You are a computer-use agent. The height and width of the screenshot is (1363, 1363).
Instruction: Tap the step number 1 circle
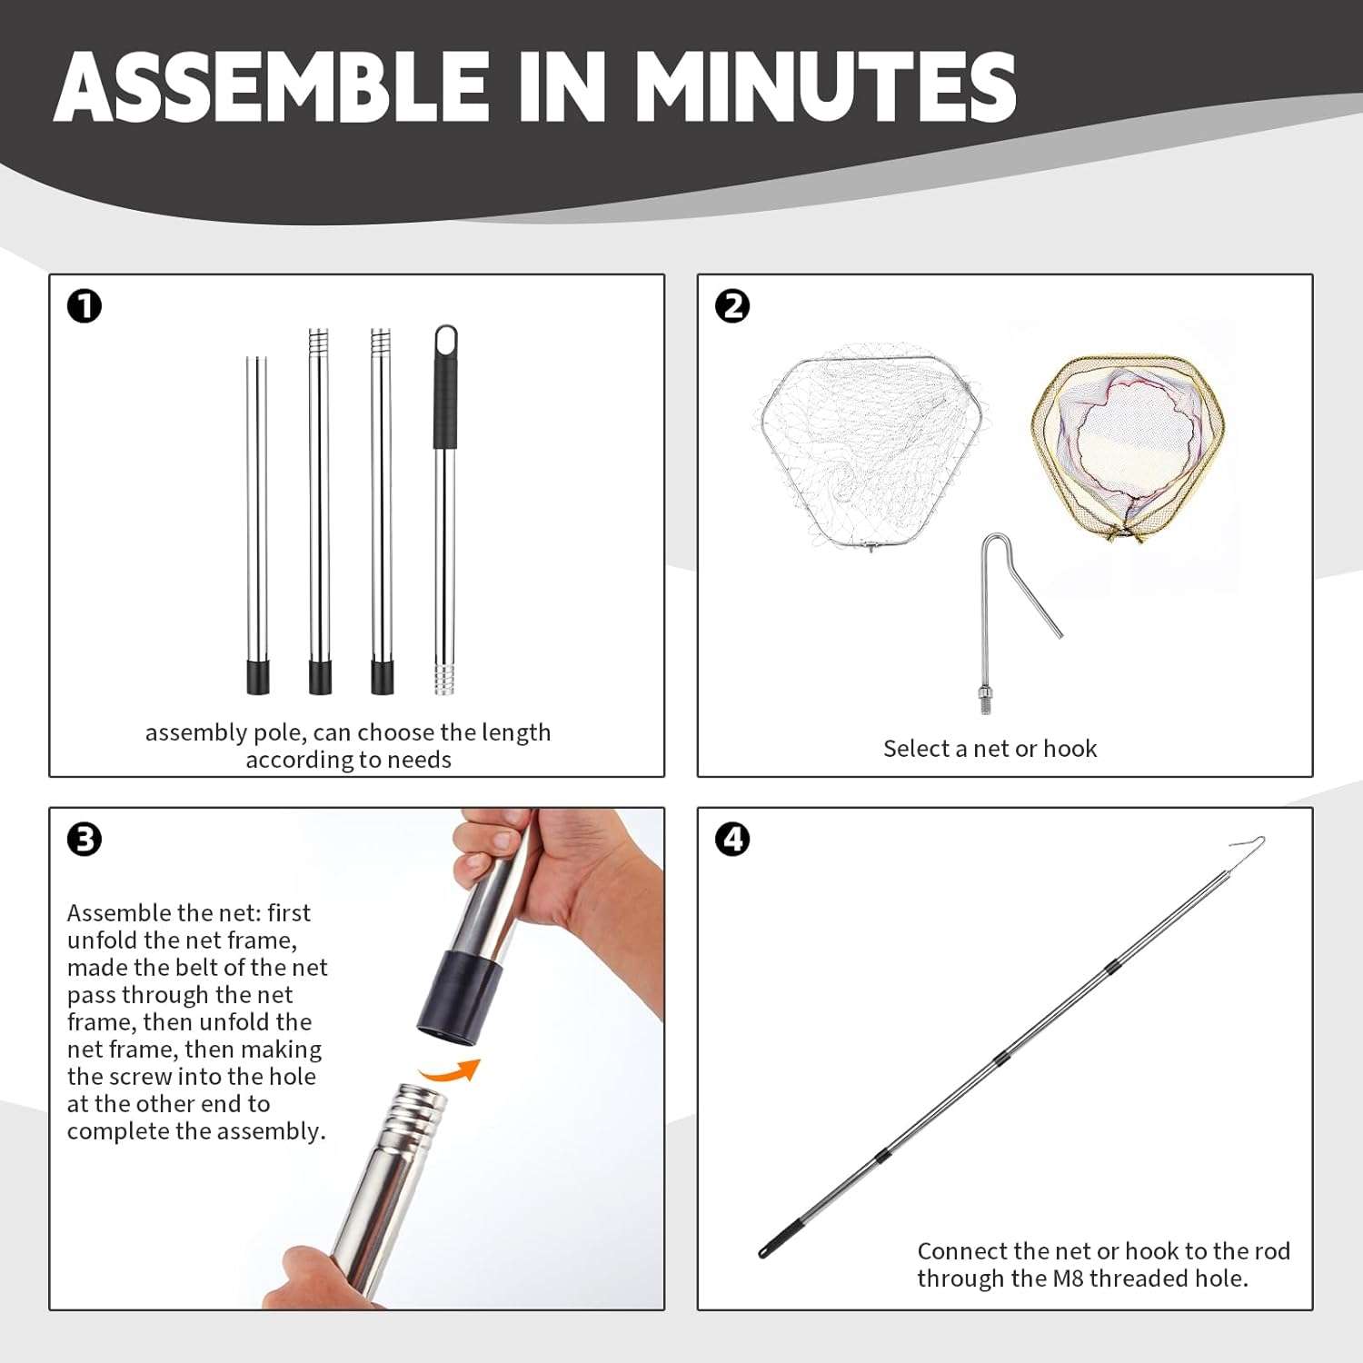click(85, 306)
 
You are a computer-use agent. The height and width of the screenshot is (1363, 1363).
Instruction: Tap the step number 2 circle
click(732, 306)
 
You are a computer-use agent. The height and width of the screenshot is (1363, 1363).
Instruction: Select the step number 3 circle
click(85, 839)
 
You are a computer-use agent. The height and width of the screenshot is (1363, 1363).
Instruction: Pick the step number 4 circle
click(732, 839)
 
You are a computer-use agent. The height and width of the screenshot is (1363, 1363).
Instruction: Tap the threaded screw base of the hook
click(984, 700)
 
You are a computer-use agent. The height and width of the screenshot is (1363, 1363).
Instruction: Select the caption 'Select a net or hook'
click(990, 749)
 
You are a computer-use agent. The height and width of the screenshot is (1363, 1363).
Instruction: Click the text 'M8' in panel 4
click(1068, 1278)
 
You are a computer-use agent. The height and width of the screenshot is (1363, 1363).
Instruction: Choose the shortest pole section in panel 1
click(257, 525)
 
